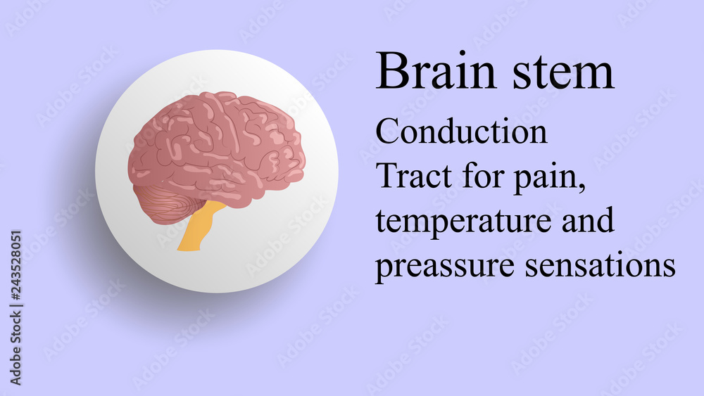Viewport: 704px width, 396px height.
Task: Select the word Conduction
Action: (462, 132)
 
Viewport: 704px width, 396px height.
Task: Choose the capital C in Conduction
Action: (386, 132)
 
